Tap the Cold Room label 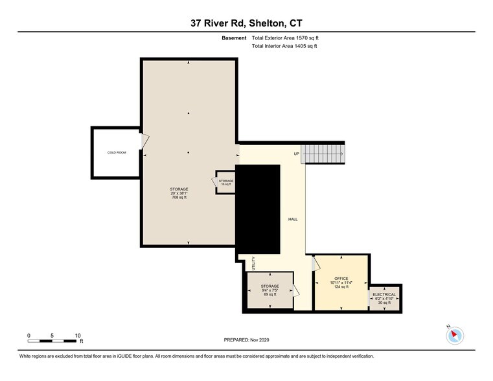[x=117, y=152]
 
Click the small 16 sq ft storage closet [x=225, y=183]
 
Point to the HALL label [x=293, y=220]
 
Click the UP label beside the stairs [x=296, y=154]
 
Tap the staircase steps [x=324, y=154]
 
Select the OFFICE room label [x=341, y=279]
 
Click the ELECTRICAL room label [x=384, y=295]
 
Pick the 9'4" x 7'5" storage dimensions [x=269, y=290]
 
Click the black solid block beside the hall [x=258, y=207]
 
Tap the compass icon [x=455, y=335]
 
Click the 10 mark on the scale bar [x=78, y=336]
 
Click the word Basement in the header [x=235, y=38]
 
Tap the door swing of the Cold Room [x=145, y=139]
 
